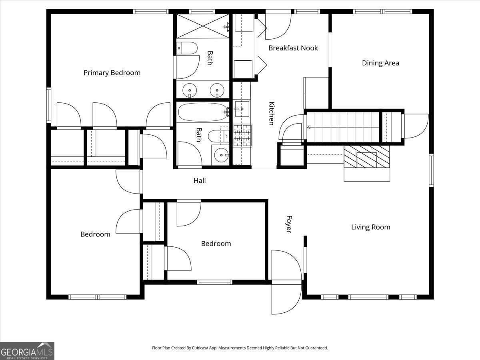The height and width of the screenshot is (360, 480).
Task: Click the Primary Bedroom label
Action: (x=112, y=73)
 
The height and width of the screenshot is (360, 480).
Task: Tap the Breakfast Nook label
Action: (x=293, y=48)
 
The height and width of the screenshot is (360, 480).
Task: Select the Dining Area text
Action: (x=380, y=63)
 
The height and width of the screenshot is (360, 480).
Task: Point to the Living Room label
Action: (x=370, y=227)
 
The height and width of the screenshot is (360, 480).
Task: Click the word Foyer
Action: (x=288, y=224)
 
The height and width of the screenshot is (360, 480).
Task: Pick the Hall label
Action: (x=200, y=181)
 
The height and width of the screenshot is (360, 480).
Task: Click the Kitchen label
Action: (x=271, y=113)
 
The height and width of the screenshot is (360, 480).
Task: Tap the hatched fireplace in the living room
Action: (x=367, y=156)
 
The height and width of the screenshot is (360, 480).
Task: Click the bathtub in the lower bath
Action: (x=202, y=112)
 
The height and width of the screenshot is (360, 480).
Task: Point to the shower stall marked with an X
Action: (x=202, y=26)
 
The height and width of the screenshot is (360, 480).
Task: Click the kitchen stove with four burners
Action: (x=242, y=136)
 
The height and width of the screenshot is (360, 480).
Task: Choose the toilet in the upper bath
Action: (x=187, y=48)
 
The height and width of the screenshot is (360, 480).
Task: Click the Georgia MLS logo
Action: (x=27, y=351)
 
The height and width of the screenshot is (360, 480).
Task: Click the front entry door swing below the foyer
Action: (x=286, y=298)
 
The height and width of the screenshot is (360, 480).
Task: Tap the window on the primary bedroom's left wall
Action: (x=49, y=105)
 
